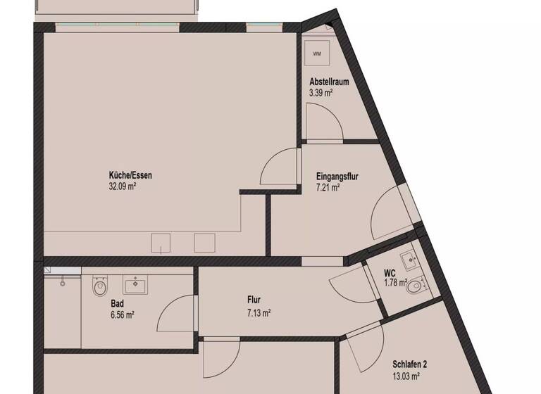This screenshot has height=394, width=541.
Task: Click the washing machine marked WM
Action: tap(316, 53)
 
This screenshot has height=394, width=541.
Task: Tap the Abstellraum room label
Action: tap(329, 82)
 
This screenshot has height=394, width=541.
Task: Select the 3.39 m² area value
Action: tap(321, 92)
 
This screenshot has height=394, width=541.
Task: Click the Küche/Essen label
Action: tap(130, 176)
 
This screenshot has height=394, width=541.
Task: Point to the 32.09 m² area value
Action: tap(122, 187)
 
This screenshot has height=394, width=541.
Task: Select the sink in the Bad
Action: tap(135, 285)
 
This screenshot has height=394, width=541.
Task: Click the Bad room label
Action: tap(118, 304)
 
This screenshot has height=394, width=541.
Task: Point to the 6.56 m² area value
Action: tap(123, 314)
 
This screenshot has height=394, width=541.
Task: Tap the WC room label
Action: tap(390, 273)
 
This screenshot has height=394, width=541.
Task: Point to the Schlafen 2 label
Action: tap(409, 364)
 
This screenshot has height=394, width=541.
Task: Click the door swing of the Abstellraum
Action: tap(324, 123)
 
